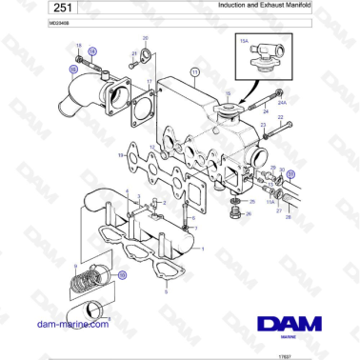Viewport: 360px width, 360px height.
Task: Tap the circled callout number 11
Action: coord(195,72)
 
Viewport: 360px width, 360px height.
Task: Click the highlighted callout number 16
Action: coord(73,70)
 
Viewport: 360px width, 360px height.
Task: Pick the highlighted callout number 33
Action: coord(291,174)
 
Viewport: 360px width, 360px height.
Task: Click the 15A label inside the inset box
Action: coord(244,41)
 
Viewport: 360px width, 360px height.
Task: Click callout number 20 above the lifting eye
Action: coord(146,38)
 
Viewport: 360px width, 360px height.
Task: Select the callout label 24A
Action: coord(280,99)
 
